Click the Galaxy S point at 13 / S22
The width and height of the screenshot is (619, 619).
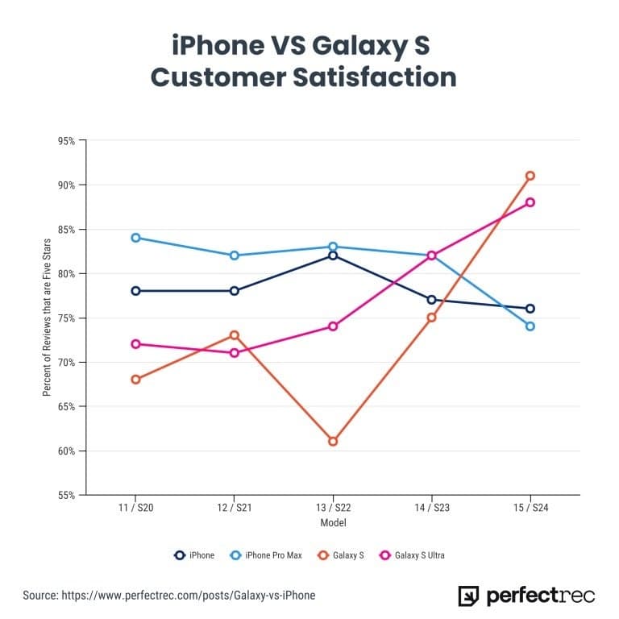(333, 441)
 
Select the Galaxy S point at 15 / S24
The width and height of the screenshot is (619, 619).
(530, 176)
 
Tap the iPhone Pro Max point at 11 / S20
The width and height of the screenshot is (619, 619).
(135, 238)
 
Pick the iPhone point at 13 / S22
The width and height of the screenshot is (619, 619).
(333, 255)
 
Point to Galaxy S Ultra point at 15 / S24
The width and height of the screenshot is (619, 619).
(530, 202)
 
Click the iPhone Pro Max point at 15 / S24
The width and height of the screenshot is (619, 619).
(530, 326)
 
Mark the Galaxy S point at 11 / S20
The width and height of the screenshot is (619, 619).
(135, 379)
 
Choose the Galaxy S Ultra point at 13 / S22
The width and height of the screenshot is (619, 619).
(333, 326)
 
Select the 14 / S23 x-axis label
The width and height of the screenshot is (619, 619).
(431, 509)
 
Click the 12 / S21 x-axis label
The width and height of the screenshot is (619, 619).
(234, 509)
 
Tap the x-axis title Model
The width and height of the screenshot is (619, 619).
(332, 523)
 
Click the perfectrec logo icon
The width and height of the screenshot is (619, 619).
(468, 596)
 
